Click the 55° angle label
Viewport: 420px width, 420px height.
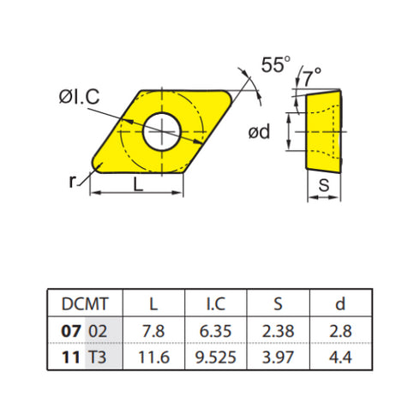pyautogui.click(x=276, y=65)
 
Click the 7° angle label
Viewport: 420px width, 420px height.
pyautogui.click(x=312, y=79)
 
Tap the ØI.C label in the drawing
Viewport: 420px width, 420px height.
pyautogui.click(x=78, y=98)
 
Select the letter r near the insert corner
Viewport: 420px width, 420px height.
pyautogui.click(x=74, y=180)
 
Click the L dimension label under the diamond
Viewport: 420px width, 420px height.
pyautogui.click(x=139, y=183)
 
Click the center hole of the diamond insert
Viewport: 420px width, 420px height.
pyautogui.click(x=162, y=129)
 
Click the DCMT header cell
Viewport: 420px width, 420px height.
pyautogui.click(x=84, y=304)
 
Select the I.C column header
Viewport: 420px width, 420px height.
pyautogui.click(x=215, y=304)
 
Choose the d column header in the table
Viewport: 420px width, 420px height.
pyautogui.click(x=340, y=304)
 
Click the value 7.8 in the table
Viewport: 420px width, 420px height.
pyautogui.click(x=153, y=330)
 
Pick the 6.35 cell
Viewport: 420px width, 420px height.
pyautogui.click(x=215, y=330)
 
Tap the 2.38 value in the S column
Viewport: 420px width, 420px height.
pyautogui.click(x=278, y=330)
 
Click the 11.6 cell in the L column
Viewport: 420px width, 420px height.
pyautogui.click(x=153, y=355)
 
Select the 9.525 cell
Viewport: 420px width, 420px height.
pyautogui.click(x=215, y=355)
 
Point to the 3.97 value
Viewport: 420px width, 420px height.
pyautogui.click(x=278, y=355)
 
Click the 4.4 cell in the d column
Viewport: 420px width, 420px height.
pyautogui.click(x=340, y=355)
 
